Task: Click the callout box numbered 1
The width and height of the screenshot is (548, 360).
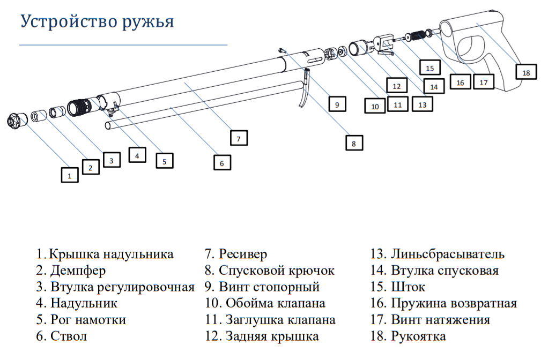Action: [x=70, y=175]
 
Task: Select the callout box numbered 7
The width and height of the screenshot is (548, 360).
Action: [x=239, y=138]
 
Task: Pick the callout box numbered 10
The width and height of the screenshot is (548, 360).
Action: [x=375, y=106]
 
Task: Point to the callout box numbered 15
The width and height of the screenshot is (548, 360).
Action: [x=430, y=67]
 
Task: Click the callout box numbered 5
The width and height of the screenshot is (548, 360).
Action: [x=164, y=161]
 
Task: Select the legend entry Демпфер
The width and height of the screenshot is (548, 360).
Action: [x=71, y=271]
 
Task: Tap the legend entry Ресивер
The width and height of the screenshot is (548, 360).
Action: [x=236, y=254]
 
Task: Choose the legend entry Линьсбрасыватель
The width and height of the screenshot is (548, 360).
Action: [x=437, y=254]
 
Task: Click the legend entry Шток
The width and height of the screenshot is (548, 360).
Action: [x=398, y=287]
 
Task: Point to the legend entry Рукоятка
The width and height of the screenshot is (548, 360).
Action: [x=408, y=336]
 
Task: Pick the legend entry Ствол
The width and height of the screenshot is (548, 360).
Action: [x=62, y=336]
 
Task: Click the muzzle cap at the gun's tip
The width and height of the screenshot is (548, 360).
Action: [x=17, y=121]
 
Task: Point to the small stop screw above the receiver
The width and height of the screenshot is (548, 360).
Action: [x=283, y=51]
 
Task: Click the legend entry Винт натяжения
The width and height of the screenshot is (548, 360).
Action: [x=430, y=320]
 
